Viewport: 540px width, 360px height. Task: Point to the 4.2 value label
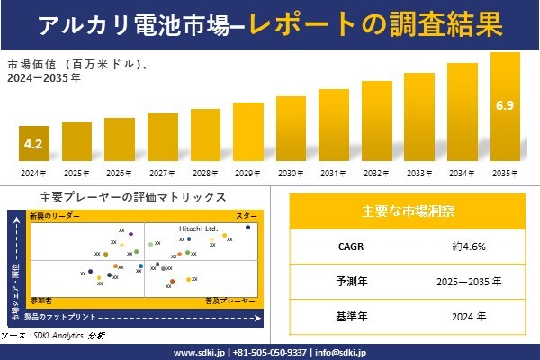[33, 143]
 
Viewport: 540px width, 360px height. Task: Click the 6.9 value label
[505, 107]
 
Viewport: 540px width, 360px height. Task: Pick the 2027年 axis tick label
[162, 172]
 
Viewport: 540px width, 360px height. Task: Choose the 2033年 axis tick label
[419, 172]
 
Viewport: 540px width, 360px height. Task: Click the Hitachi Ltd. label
[198, 229]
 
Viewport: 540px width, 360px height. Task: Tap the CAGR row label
[346, 246]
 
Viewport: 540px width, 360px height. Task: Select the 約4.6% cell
[474, 246]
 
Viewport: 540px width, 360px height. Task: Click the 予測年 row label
[346, 281]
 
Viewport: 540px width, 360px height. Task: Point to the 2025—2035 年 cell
[474, 281]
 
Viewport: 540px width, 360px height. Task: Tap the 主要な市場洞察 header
[408, 211]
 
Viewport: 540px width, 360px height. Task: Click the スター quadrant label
[247, 217]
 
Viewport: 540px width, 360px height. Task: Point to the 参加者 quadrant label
[40, 298]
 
